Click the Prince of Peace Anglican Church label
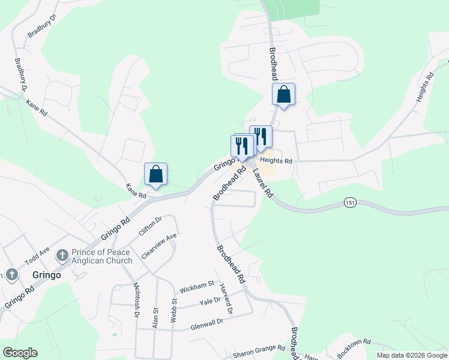tap(101, 256)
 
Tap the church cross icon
tap(61, 256)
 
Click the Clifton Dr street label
tap(151, 229)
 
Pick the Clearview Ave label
tap(159, 246)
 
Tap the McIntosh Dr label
tap(136, 299)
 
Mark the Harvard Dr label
tap(226, 299)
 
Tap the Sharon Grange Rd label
tap(259, 349)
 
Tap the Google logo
tap(20, 353)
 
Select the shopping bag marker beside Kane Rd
tap(156, 175)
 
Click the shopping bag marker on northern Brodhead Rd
tap(283, 95)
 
